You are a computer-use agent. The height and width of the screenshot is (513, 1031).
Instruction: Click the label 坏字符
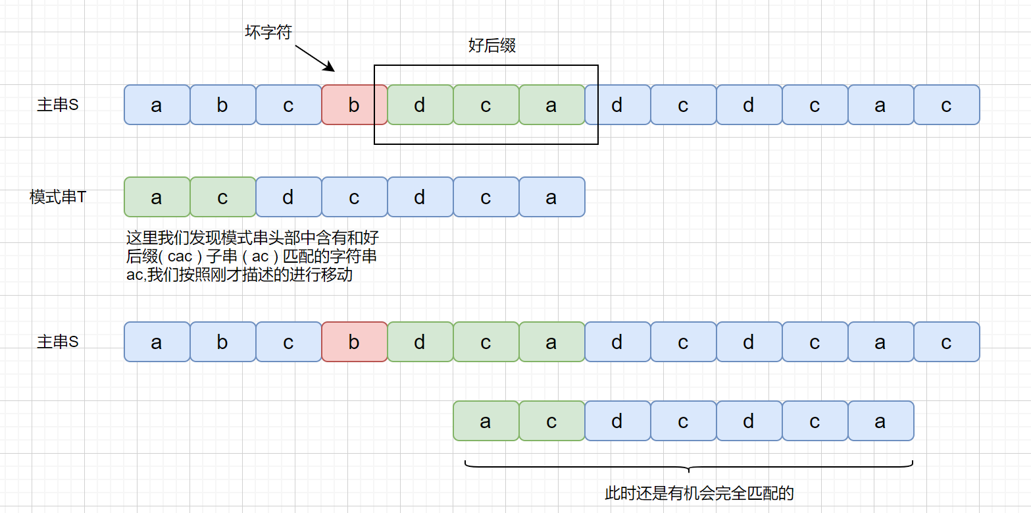pyautogui.click(x=268, y=32)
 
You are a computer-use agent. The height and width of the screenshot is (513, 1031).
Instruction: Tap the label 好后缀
pyautogui.click(x=491, y=45)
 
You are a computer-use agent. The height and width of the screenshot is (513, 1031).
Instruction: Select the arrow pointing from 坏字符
pyautogui.click(x=315, y=57)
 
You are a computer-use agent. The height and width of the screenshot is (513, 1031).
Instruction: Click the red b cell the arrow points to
pyautogui.click(x=354, y=105)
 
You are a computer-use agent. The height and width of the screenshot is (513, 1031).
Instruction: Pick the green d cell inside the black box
pyautogui.click(x=420, y=105)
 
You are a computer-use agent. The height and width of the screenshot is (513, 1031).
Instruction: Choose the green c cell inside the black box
pyautogui.click(x=486, y=105)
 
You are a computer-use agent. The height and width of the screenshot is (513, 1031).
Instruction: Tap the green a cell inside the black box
pyautogui.click(x=551, y=105)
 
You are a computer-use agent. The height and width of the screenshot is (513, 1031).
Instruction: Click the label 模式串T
pyautogui.click(x=58, y=197)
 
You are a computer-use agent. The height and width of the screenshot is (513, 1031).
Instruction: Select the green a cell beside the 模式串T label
pyautogui.click(x=157, y=197)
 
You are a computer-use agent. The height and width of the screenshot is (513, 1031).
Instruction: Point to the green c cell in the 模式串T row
pyautogui.click(x=222, y=197)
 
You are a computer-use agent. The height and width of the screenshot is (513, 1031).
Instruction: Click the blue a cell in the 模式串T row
pyautogui.click(x=551, y=197)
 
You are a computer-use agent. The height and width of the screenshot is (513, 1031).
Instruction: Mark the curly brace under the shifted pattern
pyautogui.click(x=688, y=467)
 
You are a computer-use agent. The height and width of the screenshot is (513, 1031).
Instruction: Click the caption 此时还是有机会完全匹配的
pyautogui.click(x=699, y=493)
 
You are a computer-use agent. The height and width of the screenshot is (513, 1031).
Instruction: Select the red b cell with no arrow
pyautogui.click(x=354, y=342)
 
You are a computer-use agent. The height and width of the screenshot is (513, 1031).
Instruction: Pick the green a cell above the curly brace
pyautogui.click(x=486, y=421)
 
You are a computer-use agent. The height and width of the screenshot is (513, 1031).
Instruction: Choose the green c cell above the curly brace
pyautogui.click(x=551, y=421)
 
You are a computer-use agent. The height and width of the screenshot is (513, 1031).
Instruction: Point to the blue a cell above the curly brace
pyautogui.click(x=880, y=421)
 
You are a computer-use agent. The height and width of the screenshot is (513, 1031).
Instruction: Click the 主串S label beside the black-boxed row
pyautogui.click(x=58, y=105)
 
